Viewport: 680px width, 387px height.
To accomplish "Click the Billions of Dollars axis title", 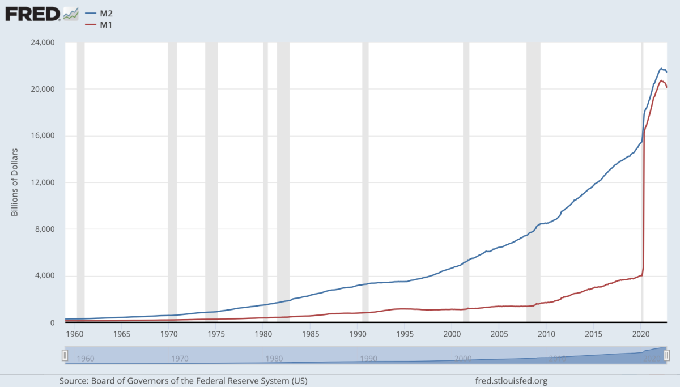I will [x=15, y=182].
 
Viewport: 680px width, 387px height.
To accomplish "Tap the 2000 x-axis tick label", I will [x=452, y=333].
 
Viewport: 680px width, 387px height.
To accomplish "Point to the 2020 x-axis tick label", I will [x=640, y=333].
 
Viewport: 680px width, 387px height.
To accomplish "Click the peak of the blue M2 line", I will [x=661, y=69].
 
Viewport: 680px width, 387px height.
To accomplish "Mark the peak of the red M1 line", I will [x=661, y=80].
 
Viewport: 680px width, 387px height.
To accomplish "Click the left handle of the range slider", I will [x=65, y=355].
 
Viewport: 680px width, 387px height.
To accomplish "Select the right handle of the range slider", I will [x=667, y=355].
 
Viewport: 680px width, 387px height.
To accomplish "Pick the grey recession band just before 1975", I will [x=211, y=181].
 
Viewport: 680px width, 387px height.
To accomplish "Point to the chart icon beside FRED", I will [x=70, y=14].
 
